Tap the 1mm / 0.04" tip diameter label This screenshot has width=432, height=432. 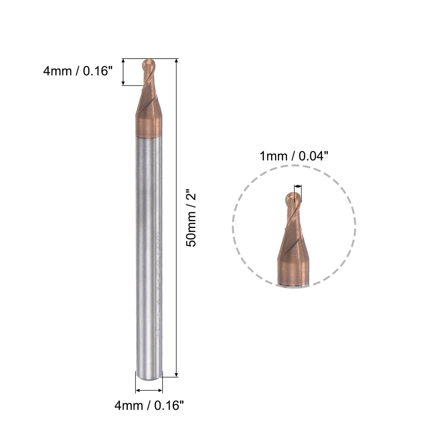click(293, 156)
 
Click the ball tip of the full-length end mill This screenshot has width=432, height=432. click(149, 64)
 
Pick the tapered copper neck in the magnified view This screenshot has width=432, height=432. click(293, 244)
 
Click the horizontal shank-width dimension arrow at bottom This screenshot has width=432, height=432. click(149, 390)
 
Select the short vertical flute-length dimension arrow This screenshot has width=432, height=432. click(123, 72)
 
